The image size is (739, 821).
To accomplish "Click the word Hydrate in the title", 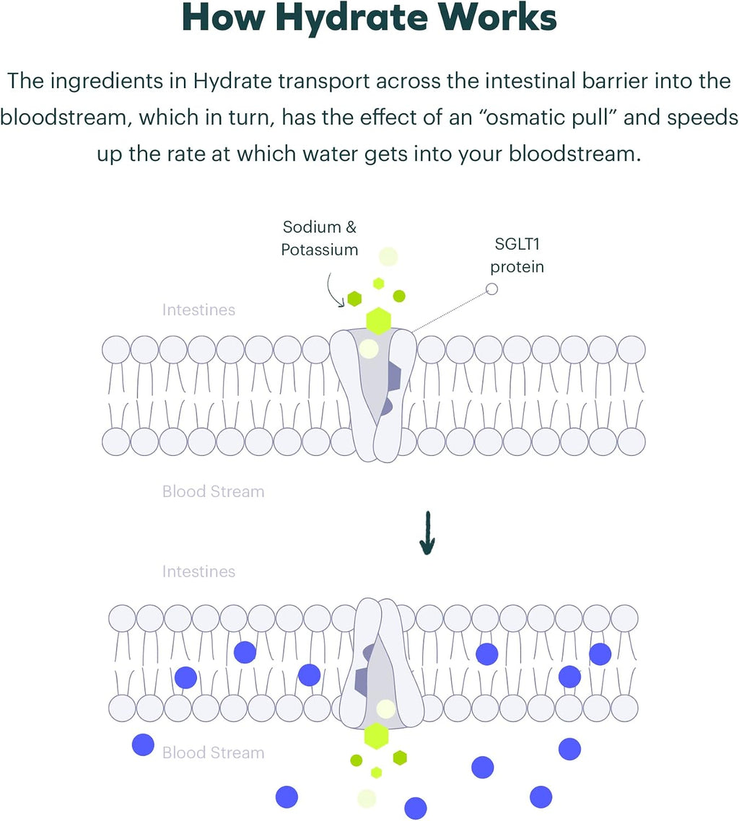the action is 352,19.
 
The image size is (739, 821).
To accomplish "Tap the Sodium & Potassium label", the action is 320,238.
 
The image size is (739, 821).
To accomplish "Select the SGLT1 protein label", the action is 517,255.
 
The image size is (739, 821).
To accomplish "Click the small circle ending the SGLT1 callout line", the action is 491,289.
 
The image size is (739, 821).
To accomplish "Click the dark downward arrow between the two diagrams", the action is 427,532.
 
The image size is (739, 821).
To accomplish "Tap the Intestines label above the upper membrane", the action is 198,310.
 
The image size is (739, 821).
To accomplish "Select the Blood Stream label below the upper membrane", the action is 213,491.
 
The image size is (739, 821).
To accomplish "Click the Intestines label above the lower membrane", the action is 198,571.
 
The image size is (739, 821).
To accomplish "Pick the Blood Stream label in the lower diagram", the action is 213,752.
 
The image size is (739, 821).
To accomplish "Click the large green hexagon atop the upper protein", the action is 378,321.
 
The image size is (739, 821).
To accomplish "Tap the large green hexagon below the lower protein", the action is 377,736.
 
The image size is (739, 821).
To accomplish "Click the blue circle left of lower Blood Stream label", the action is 143,745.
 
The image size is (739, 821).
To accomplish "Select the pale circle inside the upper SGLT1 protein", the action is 369,348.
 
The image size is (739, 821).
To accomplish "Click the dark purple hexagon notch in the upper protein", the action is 393,377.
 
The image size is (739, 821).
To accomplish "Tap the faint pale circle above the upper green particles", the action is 388,257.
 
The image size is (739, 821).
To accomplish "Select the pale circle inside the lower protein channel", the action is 386,709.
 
